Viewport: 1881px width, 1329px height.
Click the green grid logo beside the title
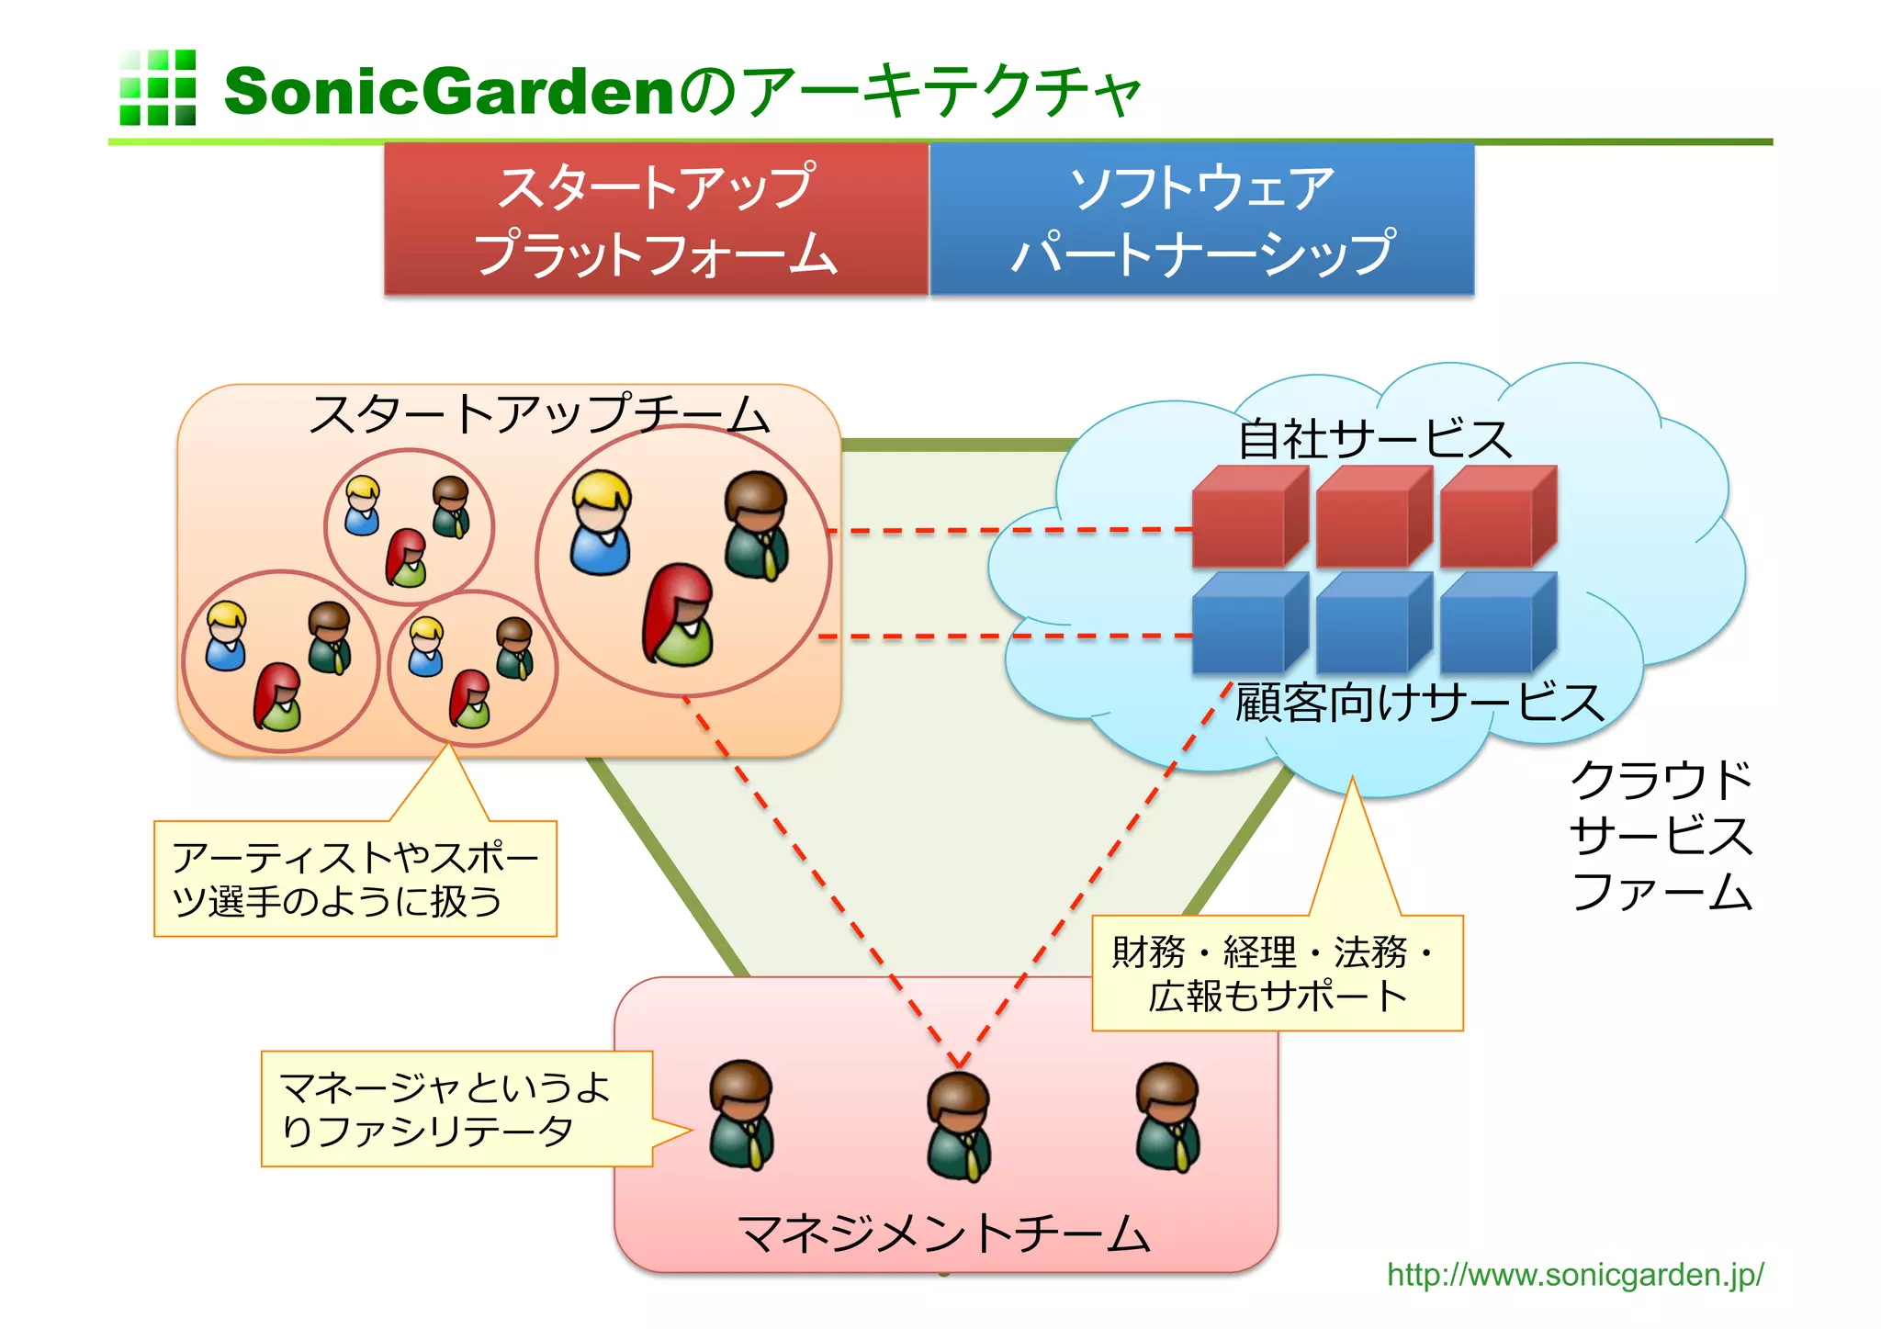pos(157,87)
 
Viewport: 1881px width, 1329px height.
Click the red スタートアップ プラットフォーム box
pos(656,220)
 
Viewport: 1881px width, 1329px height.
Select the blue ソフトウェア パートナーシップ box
pos(1201,220)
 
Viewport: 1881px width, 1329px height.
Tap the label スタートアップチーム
pos(539,414)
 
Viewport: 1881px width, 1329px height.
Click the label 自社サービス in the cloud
pos(1374,439)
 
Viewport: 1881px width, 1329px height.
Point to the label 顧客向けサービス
pos(1419,704)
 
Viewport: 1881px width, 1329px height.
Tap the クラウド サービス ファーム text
pos(1661,835)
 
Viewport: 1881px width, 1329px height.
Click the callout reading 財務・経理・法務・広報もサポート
pos(1276,974)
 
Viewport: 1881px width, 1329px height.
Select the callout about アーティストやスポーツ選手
pos(355,879)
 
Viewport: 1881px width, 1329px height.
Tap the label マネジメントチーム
pos(943,1233)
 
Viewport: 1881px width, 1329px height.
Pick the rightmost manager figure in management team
pos(1167,1117)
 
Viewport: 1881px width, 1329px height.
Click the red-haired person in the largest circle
pos(679,614)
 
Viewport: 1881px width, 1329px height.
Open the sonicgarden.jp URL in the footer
pos(1574,1275)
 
